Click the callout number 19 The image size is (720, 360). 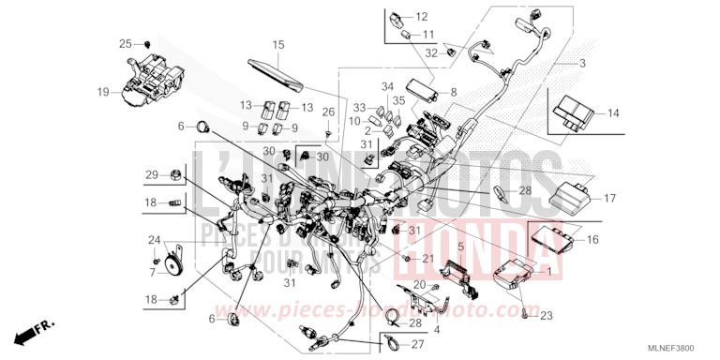click(103, 92)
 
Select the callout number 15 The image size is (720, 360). click(277, 45)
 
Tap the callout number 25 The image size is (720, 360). click(125, 44)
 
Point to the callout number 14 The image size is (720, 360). click(614, 113)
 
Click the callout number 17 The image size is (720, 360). click(608, 198)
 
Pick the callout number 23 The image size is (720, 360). click(547, 314)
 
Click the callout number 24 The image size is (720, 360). click(154, 240)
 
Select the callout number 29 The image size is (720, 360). click(151, 175)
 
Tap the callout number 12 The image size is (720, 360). click(421, 17)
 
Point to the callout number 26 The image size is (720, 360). click(328, 113)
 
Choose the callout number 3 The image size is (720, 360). click(582, 63)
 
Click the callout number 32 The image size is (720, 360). click(430, 53)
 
